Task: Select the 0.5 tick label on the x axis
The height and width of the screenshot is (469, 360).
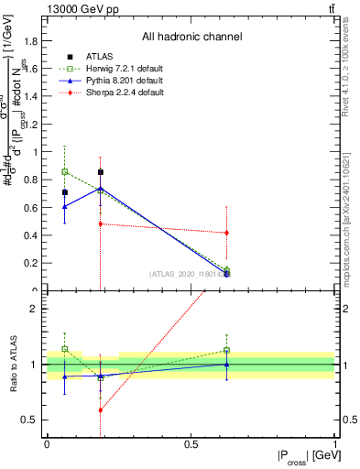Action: pos(191,444)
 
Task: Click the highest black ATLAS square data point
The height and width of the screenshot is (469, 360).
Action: pos(101,172)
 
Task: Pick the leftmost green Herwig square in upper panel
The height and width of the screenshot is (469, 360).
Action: pos(64,171)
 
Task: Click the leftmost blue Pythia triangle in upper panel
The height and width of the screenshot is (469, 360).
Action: pos(64,207)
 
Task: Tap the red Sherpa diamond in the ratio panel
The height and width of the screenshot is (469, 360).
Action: pos(101,410)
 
